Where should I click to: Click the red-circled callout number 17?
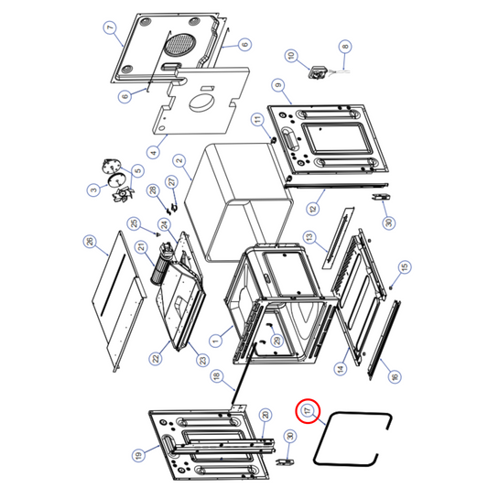pos(309,411)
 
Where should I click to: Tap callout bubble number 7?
pos(110,27)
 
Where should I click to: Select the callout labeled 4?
pos(153,152)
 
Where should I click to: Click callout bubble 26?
pos(89,242)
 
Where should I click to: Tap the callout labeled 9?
pos(276,84)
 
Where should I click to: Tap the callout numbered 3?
pos(92,190)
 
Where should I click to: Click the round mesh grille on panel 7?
pos(179,42)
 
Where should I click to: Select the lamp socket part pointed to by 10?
pos(320,70)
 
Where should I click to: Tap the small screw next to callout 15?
pos(391,286)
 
